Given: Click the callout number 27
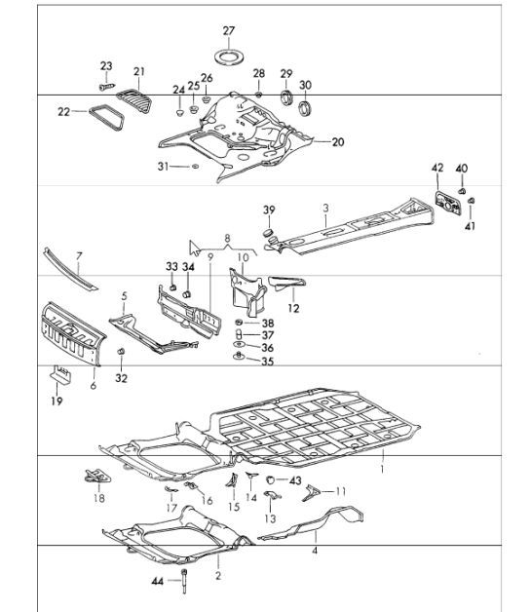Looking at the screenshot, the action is pos(229,31).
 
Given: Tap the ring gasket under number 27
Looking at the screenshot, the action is pos(230,57).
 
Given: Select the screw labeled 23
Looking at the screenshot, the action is pos(107,87).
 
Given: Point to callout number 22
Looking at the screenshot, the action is pos(63,112).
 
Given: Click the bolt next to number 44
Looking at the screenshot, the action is pos(184,581).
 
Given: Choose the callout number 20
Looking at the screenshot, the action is pos(338,142).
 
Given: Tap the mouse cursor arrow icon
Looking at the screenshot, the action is pos(194,248).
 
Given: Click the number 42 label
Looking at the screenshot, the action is pos(437,168).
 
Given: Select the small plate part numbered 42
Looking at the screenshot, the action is pos(449,203).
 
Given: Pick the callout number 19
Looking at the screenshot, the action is pos(57,401).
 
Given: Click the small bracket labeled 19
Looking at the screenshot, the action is pos(60,374).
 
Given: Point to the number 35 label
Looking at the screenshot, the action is pos(267,362).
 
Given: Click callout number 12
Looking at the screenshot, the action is pos(293,308).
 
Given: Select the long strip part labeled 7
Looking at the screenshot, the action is pos(70,269).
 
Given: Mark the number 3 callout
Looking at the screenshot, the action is pos(325,208).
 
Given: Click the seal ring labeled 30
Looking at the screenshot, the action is pos(305,108).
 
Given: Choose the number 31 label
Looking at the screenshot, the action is pos(163,167).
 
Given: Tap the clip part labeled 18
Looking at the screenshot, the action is pos(97,476).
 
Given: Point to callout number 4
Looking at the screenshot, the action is pos(315,551).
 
